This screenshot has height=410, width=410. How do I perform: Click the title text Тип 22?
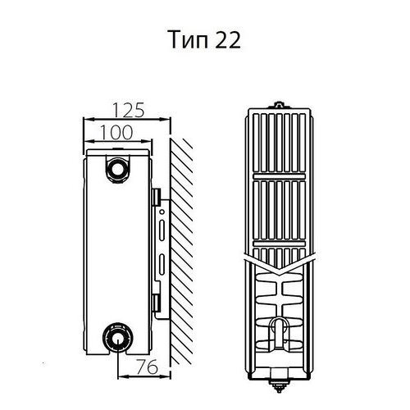205,40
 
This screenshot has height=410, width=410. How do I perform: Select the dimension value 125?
128,110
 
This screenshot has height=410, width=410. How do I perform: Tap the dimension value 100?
117,132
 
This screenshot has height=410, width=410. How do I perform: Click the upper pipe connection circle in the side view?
118,169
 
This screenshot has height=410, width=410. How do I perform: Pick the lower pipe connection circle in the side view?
117,338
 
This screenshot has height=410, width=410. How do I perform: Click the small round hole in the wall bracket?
162,212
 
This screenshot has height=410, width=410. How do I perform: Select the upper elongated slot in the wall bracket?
162,230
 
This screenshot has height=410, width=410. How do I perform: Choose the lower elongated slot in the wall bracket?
162,264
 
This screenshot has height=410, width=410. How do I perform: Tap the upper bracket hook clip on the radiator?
157,197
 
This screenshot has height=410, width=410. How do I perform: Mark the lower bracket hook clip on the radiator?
157,303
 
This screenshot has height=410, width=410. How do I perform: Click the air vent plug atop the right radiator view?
279,105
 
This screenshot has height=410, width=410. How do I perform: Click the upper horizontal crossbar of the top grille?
279,176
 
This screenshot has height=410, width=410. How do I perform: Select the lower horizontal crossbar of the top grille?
279,244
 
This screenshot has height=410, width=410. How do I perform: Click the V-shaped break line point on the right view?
279,274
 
